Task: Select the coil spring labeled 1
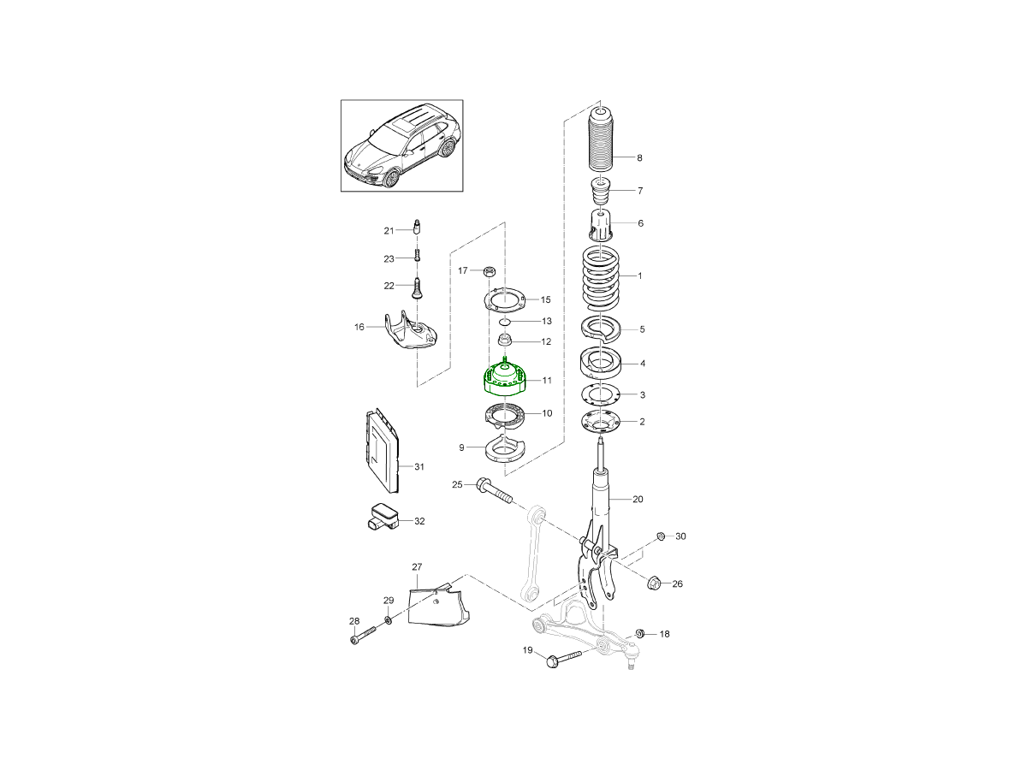[600, 278]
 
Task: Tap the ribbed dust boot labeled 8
[600, 139]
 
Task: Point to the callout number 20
[638, 500]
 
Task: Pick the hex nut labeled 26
[654, 583]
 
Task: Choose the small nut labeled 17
[489, 270]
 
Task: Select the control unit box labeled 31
[382, 450]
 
